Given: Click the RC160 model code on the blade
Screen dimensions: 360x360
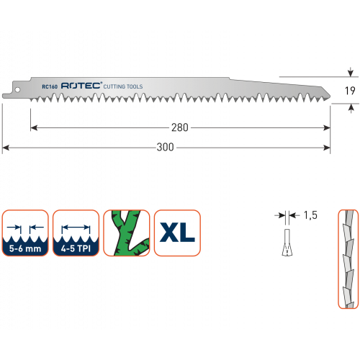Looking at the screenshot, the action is [50, 86].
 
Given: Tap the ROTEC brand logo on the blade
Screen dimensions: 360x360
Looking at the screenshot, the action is [81, 86].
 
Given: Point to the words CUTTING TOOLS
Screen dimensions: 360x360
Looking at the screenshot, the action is [123, 86].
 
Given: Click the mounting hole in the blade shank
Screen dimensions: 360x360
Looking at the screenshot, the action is [17, 90].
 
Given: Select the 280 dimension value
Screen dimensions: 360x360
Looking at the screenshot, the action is [180, 127].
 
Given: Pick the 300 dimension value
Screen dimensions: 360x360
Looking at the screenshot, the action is [165, 147].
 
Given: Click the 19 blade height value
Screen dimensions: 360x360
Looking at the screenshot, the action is [350, 91].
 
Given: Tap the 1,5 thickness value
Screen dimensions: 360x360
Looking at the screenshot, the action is [310, 215].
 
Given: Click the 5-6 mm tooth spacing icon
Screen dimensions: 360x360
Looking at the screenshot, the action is [25, 233].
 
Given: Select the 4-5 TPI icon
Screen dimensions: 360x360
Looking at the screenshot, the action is [76, 233].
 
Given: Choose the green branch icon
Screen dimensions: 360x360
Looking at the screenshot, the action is [127, 233].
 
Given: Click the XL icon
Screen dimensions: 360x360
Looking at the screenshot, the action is [177, 233].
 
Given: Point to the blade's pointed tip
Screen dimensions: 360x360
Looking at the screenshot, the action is [330, 96].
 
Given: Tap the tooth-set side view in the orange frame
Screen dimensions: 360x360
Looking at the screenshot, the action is [348, 259].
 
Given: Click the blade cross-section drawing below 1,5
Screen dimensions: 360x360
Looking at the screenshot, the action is [287, 243].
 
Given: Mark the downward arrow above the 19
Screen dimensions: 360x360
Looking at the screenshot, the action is [351, 72].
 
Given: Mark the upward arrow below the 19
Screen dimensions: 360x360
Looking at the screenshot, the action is [351, 109].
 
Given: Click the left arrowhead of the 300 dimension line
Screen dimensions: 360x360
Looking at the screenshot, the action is [5, 148].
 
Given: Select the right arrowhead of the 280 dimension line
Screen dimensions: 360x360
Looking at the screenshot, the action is [327, 128].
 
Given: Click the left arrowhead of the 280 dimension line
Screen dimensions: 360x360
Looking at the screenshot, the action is [34, 128].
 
